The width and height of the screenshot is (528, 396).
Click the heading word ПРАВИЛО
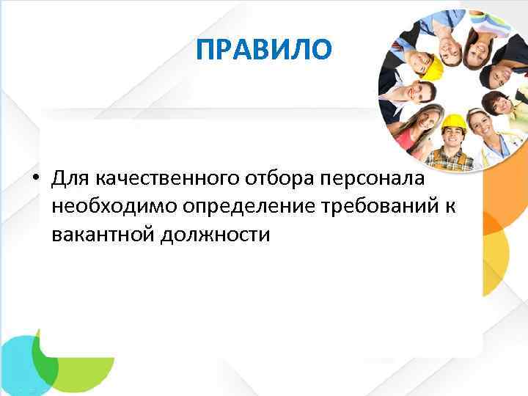pos(265,50)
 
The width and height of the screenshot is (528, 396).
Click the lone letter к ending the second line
pos(450,208)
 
